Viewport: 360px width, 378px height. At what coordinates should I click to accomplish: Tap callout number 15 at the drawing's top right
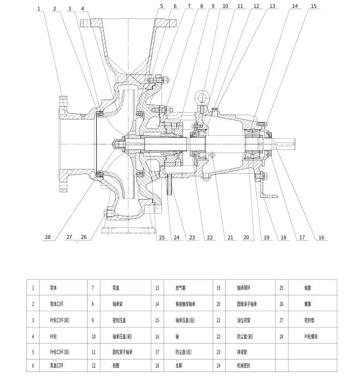tap(313, 6)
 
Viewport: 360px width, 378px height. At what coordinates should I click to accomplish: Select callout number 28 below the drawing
tap(47, 237)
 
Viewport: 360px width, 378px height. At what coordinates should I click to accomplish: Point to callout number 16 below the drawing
tap(322, 237)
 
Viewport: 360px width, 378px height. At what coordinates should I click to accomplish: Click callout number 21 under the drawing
tap(230, 237)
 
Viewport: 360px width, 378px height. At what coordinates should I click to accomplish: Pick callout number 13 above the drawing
tap(272, 6)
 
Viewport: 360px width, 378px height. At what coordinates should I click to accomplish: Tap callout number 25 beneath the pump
tap(162, 237)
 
